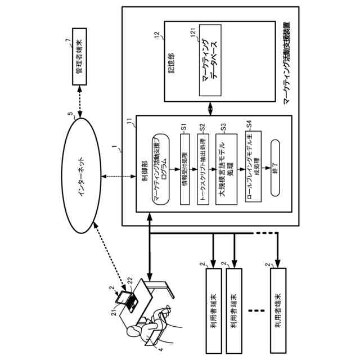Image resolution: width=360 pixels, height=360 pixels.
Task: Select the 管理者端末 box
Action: [x=81, y=62]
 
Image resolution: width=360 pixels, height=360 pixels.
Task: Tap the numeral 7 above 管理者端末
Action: [x=67, y=40]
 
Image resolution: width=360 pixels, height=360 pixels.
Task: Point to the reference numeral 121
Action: [x=193, y=36]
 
